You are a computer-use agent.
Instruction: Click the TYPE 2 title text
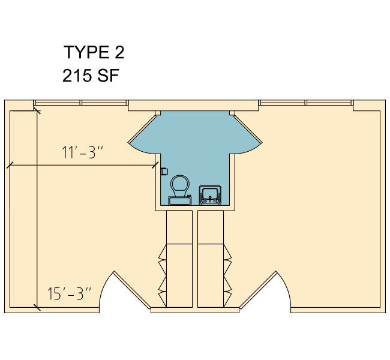point(94,52)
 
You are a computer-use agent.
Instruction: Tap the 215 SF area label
point(91,76)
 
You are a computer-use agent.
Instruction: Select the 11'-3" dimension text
point(82,152)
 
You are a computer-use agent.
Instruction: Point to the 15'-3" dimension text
point(69,293)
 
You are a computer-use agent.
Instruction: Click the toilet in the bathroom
point(180,190)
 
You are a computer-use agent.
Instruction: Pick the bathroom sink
point(210,195)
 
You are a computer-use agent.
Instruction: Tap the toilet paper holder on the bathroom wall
point(164,172)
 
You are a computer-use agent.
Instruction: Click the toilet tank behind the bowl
point(180,200)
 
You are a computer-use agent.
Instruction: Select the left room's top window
point(81,103)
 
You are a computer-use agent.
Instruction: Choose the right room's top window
point(306,103)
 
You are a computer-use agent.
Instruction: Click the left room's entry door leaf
point(132,290)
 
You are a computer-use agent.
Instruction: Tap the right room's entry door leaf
point(258,290)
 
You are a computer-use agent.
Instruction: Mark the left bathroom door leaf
point(142,128)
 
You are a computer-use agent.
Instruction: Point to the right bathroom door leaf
point(248,129)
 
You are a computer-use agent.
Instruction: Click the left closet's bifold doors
point(163,275)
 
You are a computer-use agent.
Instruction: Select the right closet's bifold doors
point(227,275)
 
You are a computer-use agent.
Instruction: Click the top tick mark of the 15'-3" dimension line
point(37,111)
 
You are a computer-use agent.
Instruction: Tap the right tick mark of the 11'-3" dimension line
point(155,165)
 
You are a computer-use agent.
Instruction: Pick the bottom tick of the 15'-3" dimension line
point(37,308)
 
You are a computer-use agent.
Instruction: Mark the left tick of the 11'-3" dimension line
point(10,165)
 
